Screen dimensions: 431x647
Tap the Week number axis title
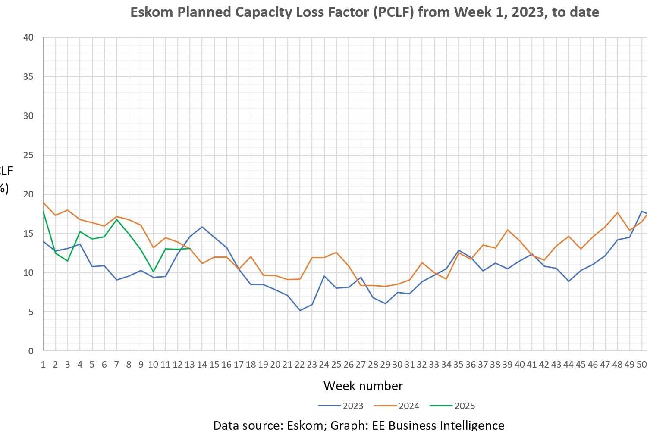pyautogui.click(x=363, y=385)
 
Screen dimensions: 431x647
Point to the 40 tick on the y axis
pyautogui.click(x=28, y=37)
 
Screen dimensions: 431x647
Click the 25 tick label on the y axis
pyautogui.click(x=28, y=155)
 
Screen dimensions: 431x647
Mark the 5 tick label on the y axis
pyautogui.click(x=31, y=312)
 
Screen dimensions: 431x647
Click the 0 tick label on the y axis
pyautogui.click(x=31, y=351)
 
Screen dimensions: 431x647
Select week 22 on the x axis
pyautogui.click(x=299, y=365)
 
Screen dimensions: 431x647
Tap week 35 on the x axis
pyautogui.click(x=458, y=365)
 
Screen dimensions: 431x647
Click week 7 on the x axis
pyautogui.click(x=116, y=365)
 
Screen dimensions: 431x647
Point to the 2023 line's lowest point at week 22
pyautogui.click(x=299, y=310)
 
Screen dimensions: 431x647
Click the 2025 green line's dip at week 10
pyautogui.click(x=153, y=272)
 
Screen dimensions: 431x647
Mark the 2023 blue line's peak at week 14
pyautogui.click(x=202, y=227)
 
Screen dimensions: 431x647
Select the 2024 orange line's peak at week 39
pyautogui.click(x=508, y=230)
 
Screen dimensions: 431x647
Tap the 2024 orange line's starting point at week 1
pyautogui.click(x=44, y=202)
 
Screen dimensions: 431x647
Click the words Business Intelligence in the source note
pyautogui.click(x=446, y=425)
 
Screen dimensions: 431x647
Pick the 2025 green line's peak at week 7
pyautogui.click(x=116, y=219)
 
